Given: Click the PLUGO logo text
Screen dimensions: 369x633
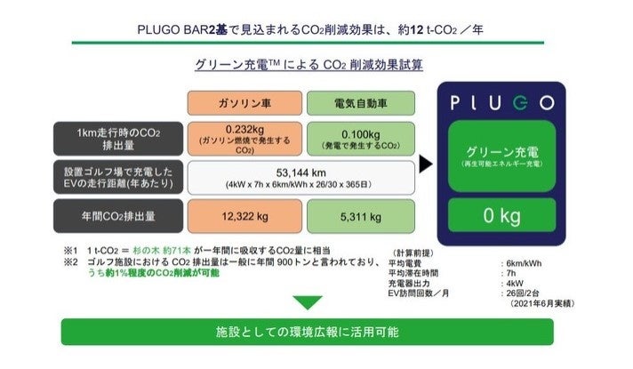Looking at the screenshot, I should pos(501,102).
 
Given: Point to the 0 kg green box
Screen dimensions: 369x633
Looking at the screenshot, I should pos(501,215).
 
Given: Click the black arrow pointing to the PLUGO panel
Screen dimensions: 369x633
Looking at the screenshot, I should pos(426,164).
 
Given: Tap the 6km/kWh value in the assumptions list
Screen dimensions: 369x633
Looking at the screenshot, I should pos(523,263).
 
